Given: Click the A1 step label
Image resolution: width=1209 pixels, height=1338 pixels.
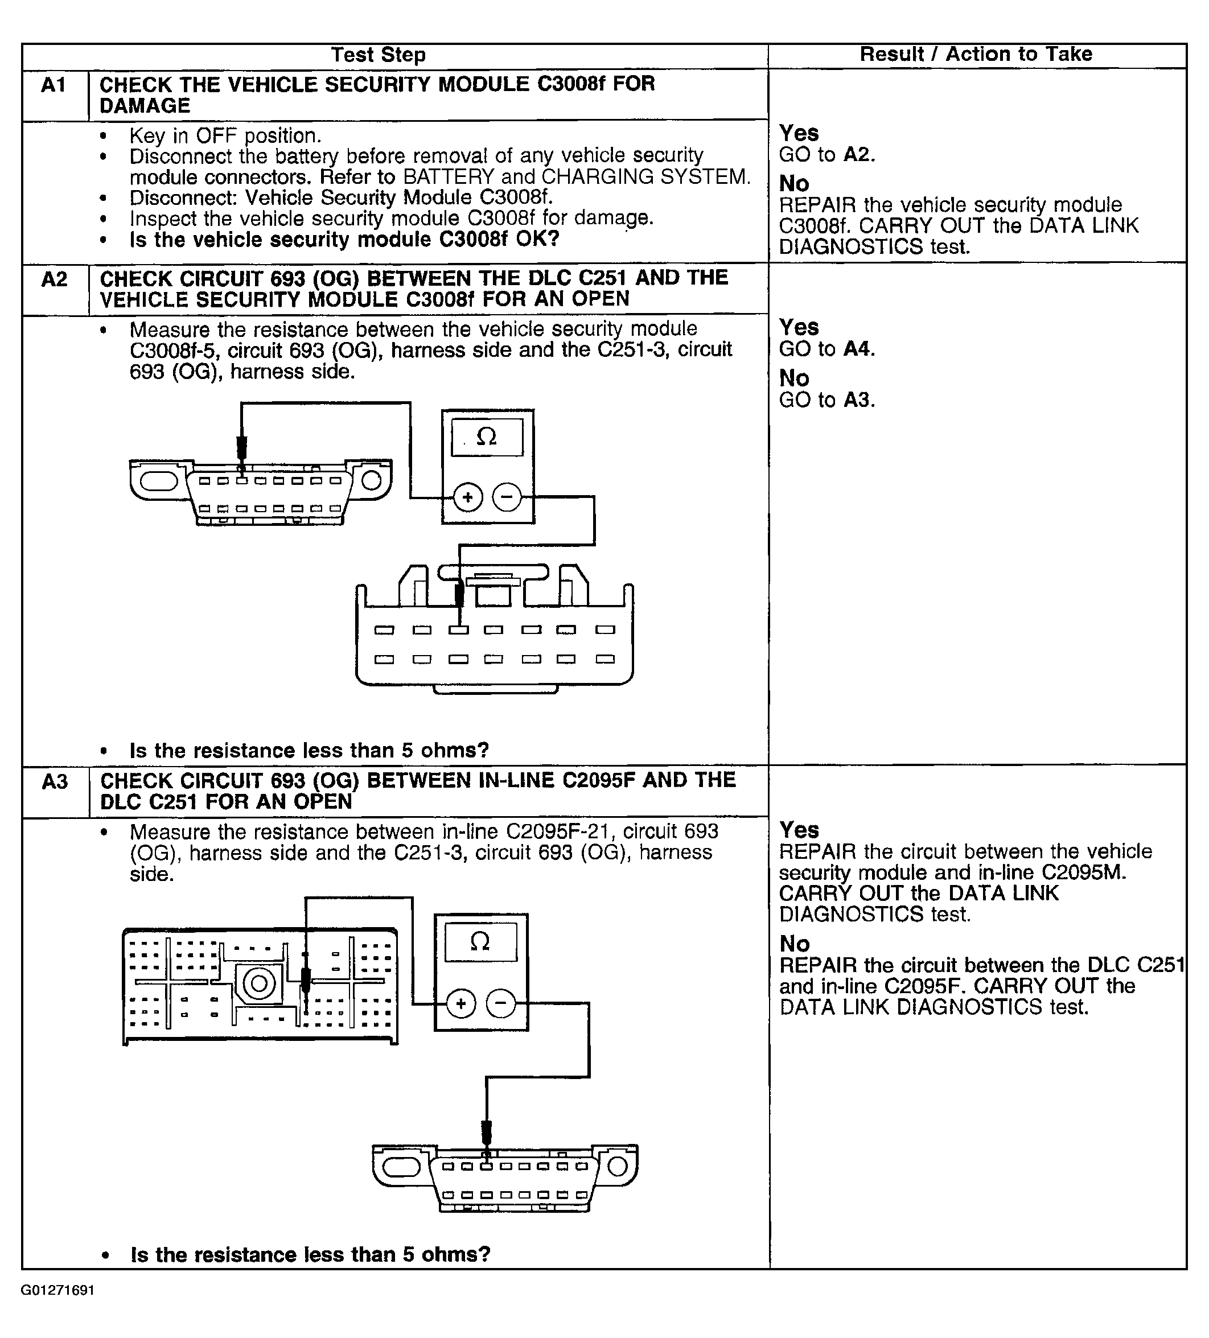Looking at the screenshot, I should tap(53, 85).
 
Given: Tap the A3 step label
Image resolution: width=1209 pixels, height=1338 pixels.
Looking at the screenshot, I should tap(55, 782).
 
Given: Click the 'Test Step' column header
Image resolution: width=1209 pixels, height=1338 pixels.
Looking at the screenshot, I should tap(378, 55).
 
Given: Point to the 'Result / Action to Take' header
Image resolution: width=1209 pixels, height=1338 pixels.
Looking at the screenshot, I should tap(975, 55).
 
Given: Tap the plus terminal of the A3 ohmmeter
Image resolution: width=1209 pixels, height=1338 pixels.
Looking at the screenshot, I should tap(460, 1003).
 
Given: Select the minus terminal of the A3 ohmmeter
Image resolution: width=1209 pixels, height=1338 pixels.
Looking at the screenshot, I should tap(500, 1003).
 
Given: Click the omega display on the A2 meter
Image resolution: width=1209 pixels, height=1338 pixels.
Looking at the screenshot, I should tap(487, 437).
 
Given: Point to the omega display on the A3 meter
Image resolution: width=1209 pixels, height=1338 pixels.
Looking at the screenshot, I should tap(480, 941).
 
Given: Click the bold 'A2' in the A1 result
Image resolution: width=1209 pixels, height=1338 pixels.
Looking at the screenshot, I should tap(857, 155).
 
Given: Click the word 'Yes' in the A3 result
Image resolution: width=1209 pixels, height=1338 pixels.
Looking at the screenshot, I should tap(799, 830).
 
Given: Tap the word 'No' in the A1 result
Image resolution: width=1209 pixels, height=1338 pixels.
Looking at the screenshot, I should tap(794, 184).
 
